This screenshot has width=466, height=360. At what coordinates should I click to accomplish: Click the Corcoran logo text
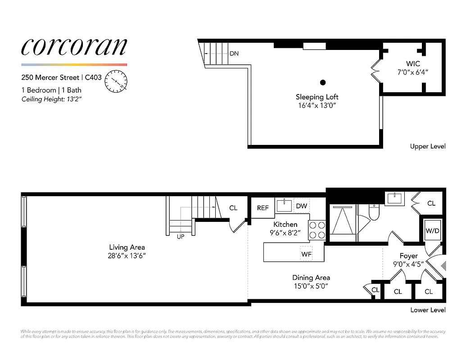click(74, 47)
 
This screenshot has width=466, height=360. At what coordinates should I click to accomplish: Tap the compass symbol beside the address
click(116, 81)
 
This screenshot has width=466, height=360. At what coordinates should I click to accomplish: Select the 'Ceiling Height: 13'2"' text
click(51, 99)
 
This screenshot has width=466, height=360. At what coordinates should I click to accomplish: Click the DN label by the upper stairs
click(234, 54)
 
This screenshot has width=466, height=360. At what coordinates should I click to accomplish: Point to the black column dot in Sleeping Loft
click(323, 82)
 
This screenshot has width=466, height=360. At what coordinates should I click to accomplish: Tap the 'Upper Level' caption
click(428, 146)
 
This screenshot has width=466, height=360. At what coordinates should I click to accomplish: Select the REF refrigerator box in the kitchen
click(263, 208)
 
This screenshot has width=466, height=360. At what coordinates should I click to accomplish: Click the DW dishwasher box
click(302, 206)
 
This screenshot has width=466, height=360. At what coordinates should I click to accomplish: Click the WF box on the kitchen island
click(307, 253)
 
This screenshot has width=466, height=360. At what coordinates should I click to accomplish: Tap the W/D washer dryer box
click(432, 231)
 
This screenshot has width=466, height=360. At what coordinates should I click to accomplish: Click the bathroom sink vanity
click(395, 198)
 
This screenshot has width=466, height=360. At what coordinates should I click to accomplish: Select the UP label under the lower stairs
click(181, 237)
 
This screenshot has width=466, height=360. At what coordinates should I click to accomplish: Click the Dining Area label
click(311, 278)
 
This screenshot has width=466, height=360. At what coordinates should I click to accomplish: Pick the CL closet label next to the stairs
click(233, 208)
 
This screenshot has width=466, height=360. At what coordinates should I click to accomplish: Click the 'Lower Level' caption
click(428, 310)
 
